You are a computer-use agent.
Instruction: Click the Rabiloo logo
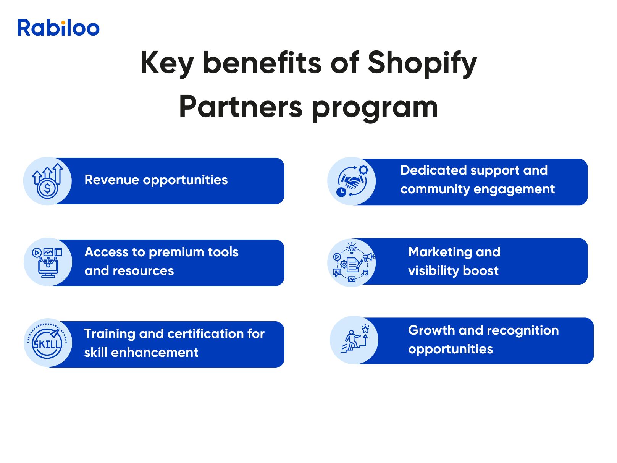(x=58, y=28)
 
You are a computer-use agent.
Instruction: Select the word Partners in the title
(x=241, y=107)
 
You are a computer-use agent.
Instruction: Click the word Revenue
(x=111, y=180)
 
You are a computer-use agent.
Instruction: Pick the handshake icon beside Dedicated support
(x=351, y=181)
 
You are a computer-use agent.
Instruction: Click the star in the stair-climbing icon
(x=365, y=329)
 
